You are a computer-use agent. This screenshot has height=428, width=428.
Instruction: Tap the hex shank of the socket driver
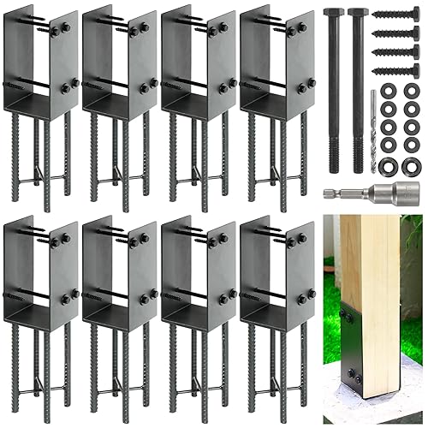(x=335, y=191)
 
